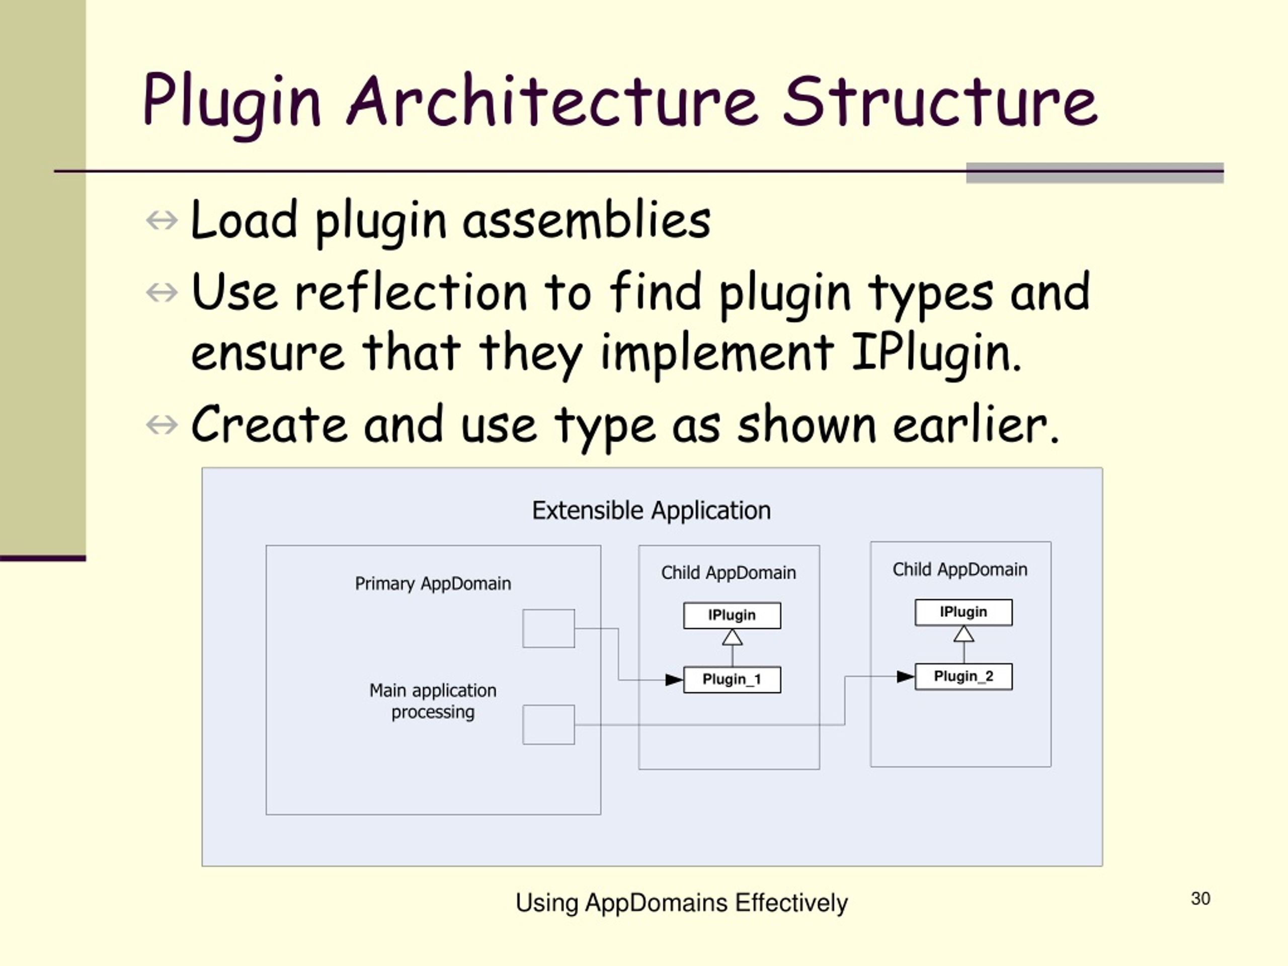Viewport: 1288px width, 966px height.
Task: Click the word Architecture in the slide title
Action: click(x=552, y=102)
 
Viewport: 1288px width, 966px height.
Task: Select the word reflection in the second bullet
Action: click(x=411, y=292)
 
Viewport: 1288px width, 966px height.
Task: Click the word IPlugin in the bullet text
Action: click(x=936, y=352)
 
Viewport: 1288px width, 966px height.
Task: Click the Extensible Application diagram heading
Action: click(x=651, y=511)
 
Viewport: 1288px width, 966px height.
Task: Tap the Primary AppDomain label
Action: click(x=433, y=584)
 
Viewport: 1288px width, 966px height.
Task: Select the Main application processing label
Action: click(x=433, y=701)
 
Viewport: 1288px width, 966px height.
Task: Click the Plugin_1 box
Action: click(x=732, y=680)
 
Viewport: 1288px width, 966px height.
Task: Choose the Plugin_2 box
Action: click(x=963, y=676)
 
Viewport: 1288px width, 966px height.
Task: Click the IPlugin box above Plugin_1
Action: click(x=732, y=615)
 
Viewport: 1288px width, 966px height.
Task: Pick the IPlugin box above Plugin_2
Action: click(x=963, y=612)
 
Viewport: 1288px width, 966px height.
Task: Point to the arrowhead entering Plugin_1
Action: click(x=674, y=680)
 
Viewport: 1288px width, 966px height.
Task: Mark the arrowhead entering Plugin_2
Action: click(x=906, y=677)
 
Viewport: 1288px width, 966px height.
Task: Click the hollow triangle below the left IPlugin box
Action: click(x=732, y=638)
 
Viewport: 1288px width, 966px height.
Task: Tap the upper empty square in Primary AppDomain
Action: click(x=548, y=628)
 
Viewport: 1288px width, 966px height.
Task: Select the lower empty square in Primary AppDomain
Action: click(x=548, y=725)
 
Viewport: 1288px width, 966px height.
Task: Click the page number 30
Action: click(x=1200, y=899)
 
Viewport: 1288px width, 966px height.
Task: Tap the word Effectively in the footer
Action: click(x=791, y=903)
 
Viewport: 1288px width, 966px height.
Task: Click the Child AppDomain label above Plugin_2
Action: click(x=959, y=570)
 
